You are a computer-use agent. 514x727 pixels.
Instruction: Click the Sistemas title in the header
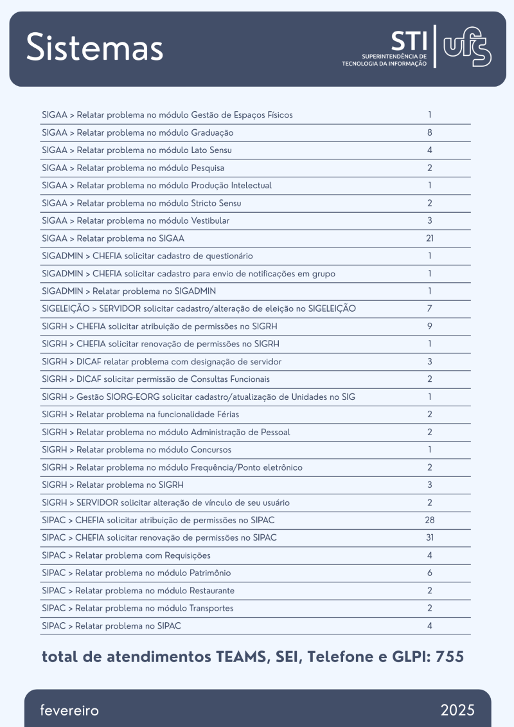point(95,48)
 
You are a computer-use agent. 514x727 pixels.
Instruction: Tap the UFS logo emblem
point(467,47)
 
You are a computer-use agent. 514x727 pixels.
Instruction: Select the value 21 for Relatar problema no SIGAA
point(429,238)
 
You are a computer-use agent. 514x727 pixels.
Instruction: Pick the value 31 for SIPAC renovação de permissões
point(429,537)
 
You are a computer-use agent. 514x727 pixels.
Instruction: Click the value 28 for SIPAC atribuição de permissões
point(429,520)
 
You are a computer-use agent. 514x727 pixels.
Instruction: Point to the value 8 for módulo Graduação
point(429,133)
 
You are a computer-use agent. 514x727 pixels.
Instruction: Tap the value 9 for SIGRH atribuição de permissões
point(429,327)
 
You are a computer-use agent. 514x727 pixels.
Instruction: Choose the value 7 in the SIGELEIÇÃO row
point(429,309)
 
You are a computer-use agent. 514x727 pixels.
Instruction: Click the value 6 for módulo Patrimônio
point(429,573)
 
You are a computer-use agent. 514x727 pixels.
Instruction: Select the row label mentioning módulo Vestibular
point(136,221)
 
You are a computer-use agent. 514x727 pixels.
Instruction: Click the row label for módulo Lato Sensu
point(137,150)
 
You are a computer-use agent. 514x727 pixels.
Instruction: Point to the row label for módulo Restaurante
point(138,591)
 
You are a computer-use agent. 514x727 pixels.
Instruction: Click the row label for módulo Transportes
point(137,608)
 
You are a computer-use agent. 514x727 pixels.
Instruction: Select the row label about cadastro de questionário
point(147,256)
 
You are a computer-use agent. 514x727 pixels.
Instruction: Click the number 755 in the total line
point(450,657)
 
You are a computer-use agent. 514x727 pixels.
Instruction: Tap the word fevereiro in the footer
point(69,710)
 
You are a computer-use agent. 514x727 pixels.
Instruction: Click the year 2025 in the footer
point(457,710)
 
